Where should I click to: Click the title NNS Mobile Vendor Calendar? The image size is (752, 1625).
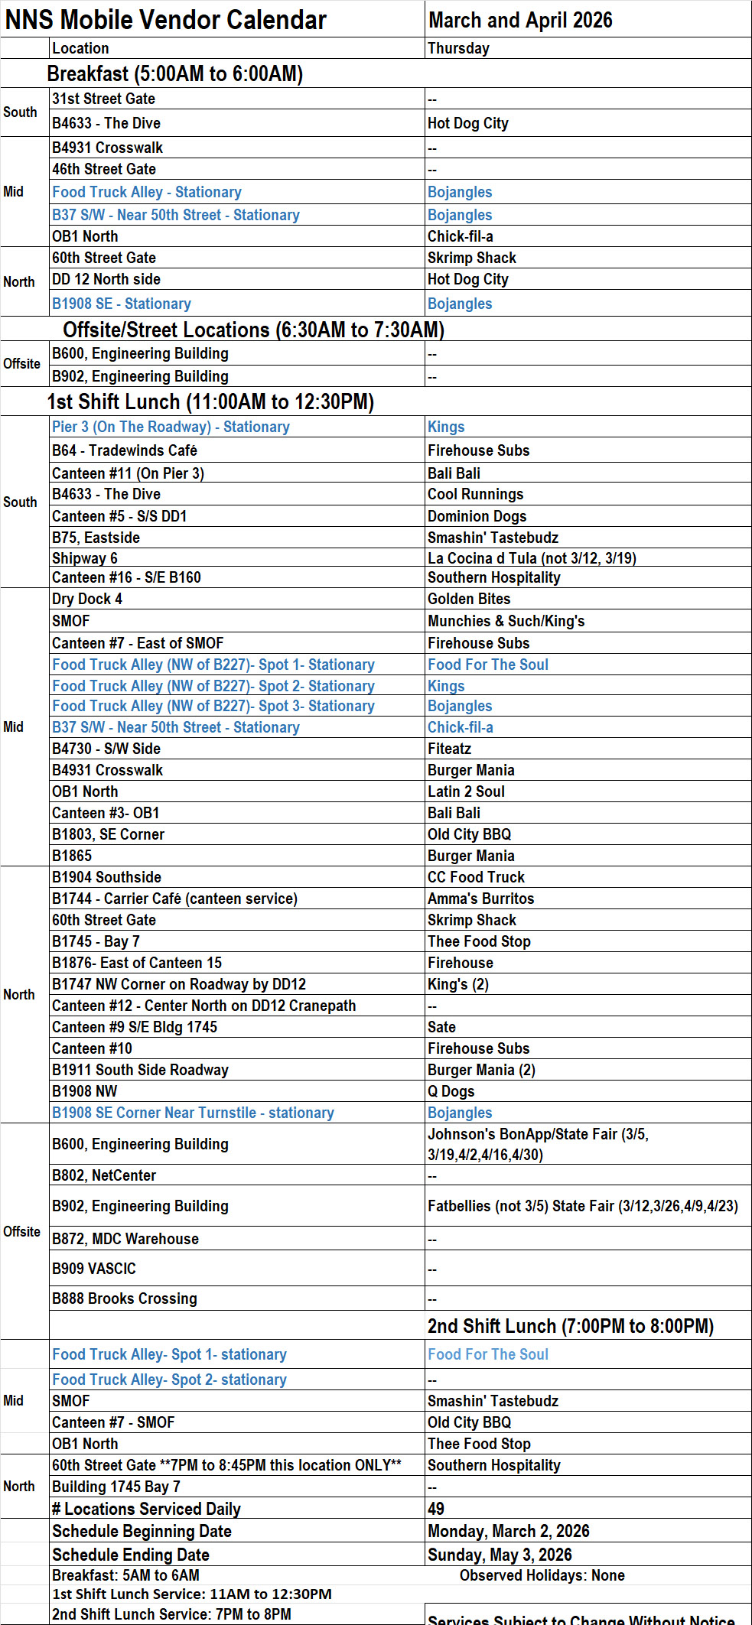coord(166,20)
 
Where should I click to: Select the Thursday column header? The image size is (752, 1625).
coord(458,48)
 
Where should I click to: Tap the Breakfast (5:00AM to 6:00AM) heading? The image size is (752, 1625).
coord(175,73)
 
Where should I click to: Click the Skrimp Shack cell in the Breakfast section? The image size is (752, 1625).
coord(471,258)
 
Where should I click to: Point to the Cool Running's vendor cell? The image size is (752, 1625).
coord(475,494)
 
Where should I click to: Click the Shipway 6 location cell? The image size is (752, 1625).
coord(85,558)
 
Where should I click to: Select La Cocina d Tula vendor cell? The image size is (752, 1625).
coord(531,558)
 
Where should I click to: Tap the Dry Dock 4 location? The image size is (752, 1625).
coord(87,599)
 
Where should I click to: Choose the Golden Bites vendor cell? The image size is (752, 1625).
coord(469,599)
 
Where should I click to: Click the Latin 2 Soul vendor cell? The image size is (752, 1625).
coord(466,791)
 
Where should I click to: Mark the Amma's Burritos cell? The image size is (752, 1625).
coord(480,899)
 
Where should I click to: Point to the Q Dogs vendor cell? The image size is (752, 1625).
coord(451,1091)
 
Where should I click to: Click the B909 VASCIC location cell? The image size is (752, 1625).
coord(94,1269)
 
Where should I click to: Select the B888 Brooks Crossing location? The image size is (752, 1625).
coord(125,1298)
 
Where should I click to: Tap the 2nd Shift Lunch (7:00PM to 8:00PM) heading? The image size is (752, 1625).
coord(570,1326)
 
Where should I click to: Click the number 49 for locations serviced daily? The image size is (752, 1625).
coord(436,1509)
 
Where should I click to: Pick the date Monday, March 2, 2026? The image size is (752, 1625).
coord(508,1531)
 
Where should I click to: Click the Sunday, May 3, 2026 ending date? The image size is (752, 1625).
coord(500,1555)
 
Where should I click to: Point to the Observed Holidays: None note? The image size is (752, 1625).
coord(542,1575)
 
